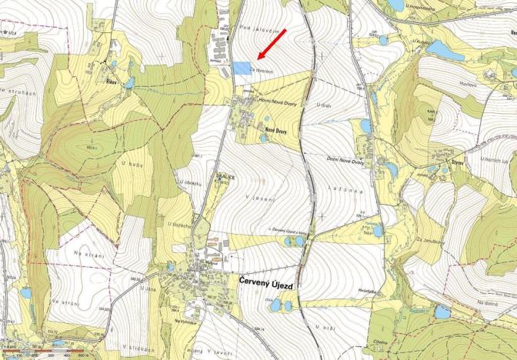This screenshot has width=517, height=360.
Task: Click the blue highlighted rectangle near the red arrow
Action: pyautogui.click(x=242, y=68)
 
